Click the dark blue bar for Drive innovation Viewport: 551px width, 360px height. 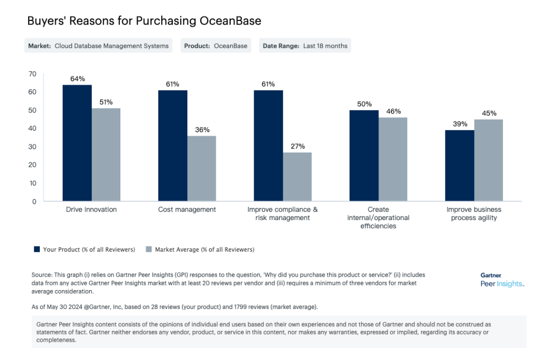coord(77,143)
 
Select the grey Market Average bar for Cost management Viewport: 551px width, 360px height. coord(202,169)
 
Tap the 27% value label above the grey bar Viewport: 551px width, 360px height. coord(297,147)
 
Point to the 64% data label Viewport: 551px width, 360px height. coord(77,79)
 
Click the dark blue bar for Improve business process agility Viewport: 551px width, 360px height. coord(460,165)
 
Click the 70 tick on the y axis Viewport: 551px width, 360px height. coord(33,74)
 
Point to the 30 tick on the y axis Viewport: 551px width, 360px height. coord(33,147)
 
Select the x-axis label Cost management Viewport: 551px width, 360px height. coord(187,209)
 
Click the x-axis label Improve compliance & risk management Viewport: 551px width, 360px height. coord(283,213)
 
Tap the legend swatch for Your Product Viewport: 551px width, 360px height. coord(37,249)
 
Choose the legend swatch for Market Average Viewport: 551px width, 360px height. coord(149,249)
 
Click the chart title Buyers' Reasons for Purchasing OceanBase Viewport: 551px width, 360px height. coord(144,21)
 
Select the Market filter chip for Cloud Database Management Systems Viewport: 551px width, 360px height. coord(98,45)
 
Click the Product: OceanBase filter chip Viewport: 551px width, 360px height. coord(216,45)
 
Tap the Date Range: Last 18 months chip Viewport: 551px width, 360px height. coord(305,45)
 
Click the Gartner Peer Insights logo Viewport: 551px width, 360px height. coord(502,280)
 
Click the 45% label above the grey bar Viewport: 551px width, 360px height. coord(489,113)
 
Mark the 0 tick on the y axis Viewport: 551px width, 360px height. coord(34,201)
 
